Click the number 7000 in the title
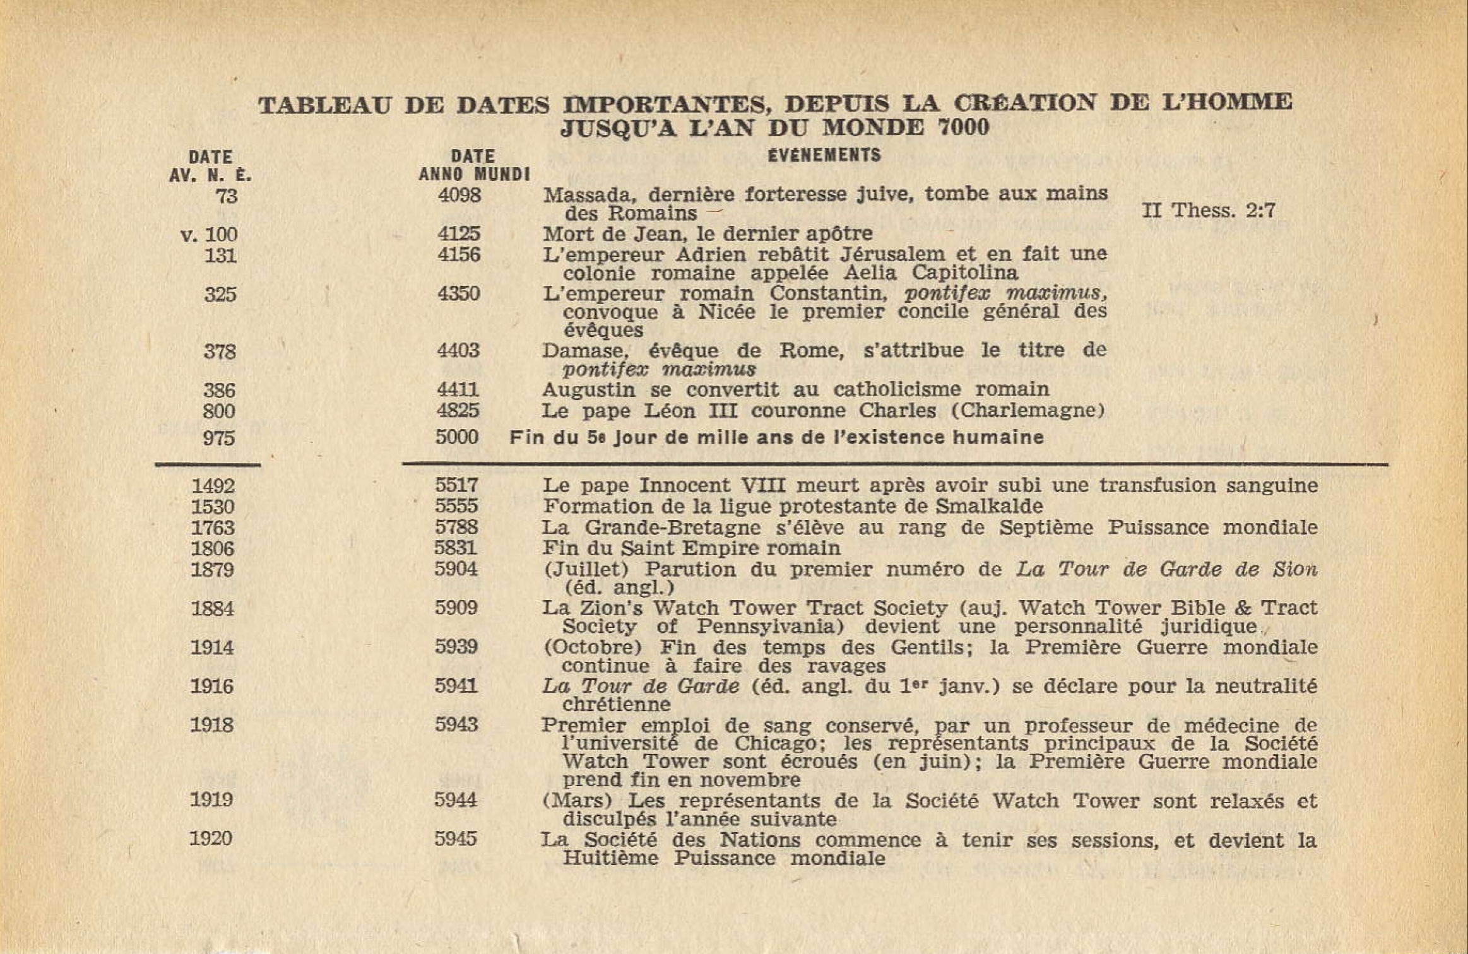[962, 128]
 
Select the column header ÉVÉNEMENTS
[824, 155]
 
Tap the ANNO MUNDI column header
[474, 174]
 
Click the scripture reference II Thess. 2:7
[1208, 210]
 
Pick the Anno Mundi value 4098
[459, 195]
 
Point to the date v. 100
[209, 235]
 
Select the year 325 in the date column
[220, 294]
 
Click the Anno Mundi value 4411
[458, 389]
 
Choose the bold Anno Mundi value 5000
[457, 437]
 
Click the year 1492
[213, 486]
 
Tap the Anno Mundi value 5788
[456, 527]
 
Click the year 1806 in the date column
[213, 548]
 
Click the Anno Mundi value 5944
[456, 800]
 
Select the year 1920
[211, 839]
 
